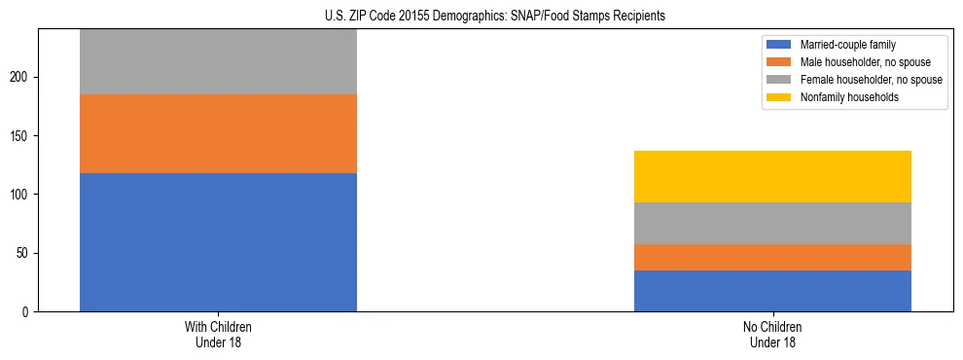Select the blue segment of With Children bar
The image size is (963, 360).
[218, 242]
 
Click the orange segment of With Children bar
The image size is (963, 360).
[218, 133]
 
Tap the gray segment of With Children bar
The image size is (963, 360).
[218, 61]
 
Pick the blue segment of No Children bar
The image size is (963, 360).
[772, 291]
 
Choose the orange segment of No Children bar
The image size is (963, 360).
[772, 257]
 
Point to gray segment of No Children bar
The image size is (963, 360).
[772, 223]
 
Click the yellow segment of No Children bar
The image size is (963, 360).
[772, 176]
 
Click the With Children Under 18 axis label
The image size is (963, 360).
[218, 335]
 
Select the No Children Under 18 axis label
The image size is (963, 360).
[772, 335]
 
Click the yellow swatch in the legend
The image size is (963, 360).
[779, 97]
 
